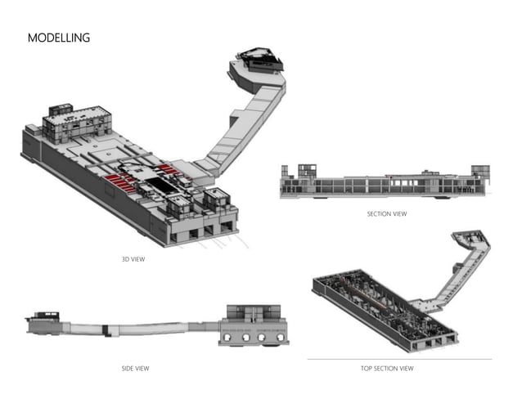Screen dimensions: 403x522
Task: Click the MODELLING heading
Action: coord(59,38)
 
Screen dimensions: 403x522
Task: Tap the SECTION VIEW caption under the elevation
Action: coord(386,214)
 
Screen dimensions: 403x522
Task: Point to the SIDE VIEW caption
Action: coord(135,369)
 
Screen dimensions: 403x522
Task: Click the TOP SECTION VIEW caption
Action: coord(387,369)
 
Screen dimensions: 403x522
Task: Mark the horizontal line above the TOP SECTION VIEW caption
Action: coord(399,359)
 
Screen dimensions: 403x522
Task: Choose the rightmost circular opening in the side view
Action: coord(278,336)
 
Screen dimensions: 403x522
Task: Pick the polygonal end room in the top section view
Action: coord(473,240)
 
